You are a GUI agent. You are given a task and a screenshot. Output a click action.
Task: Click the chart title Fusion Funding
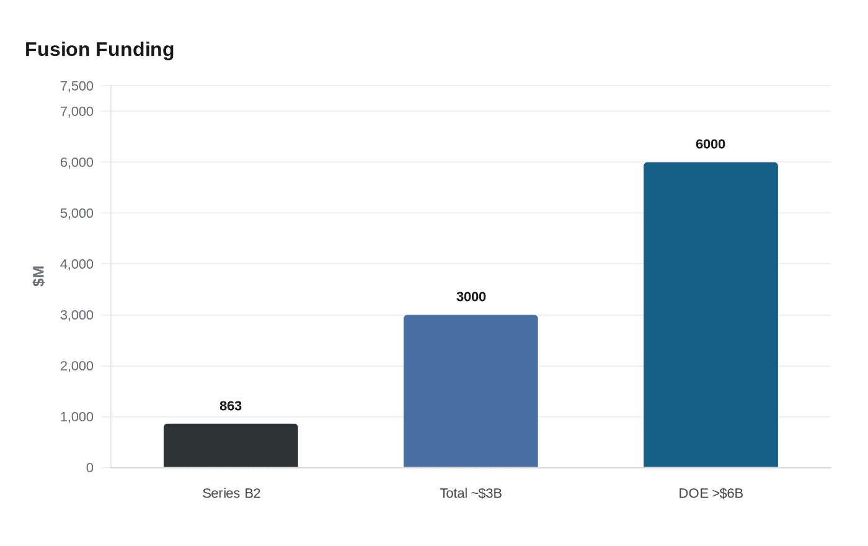pos(99,50)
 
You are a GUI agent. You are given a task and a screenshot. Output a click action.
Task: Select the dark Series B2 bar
pos(231,445)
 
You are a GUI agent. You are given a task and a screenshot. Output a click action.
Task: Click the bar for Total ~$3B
pos(471,391)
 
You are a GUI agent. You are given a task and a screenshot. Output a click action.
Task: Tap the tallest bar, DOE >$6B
pos(711,315)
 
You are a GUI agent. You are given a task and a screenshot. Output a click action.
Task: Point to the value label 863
pos(231,406)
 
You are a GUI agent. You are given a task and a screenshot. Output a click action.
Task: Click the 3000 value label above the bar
pos(471,297)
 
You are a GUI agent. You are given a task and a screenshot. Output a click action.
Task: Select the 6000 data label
pos(710,144)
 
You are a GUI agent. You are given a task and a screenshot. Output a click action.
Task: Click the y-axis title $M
pos(38,276)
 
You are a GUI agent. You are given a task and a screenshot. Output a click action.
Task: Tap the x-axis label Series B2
pos(231,493)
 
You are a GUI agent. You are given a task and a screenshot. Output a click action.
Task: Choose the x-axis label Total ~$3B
pos(471,493)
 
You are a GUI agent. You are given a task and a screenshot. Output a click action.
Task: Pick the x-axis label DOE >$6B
pos(711,493)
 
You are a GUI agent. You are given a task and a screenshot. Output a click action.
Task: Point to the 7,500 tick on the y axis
pos(77,86)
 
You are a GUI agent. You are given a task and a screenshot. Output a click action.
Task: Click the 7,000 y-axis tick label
pos(77,111)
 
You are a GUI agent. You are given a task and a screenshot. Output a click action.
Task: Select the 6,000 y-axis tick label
pos(77,162)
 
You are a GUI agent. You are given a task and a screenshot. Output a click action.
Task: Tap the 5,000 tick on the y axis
pos(77,213)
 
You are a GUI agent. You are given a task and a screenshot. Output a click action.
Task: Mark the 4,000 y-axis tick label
pos(77,264)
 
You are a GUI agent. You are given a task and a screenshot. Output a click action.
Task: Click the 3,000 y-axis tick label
pos(77,315)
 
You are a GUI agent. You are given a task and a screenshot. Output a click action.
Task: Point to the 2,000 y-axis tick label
pos(77,365)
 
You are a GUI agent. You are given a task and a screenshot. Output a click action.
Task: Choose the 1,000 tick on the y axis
pos(77,416)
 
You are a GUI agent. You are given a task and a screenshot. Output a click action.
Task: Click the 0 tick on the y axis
pos(90,468)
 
